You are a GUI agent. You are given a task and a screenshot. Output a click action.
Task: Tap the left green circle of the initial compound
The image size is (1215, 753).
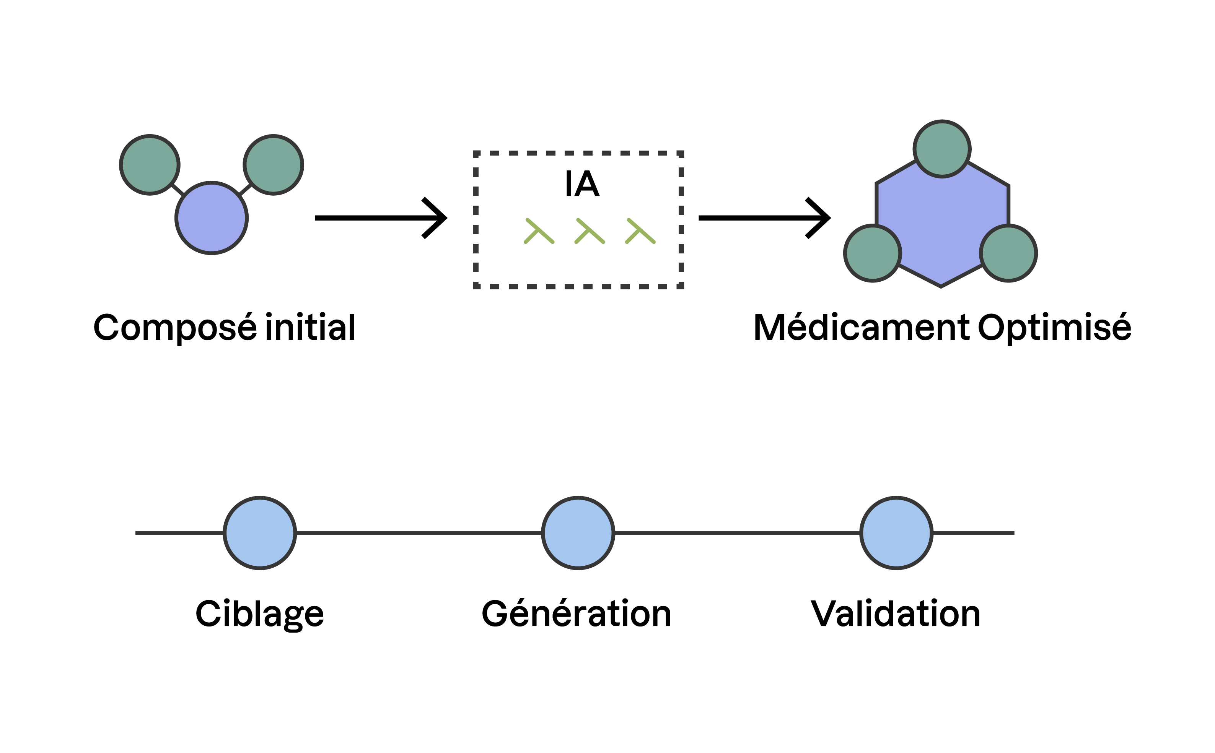click(150, 165)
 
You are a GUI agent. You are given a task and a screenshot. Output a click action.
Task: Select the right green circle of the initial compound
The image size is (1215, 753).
click(273, 165)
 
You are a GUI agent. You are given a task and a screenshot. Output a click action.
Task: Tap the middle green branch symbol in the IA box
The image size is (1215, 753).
click(590, 231)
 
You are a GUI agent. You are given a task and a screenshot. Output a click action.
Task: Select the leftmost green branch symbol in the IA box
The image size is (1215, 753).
click(539, 231)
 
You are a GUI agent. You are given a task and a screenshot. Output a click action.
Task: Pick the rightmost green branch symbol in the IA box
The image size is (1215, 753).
click(640, 231)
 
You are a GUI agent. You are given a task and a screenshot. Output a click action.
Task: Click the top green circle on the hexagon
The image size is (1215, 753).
click(941, 148)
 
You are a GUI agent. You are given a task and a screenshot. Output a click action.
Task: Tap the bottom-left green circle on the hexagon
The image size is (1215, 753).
click(872, 253)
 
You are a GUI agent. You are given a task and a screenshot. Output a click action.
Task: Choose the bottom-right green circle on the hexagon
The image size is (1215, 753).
click(1008, 253)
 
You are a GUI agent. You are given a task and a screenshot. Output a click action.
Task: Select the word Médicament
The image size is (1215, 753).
click(861, 327)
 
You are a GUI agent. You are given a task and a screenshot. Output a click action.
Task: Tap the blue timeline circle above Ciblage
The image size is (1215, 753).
click(260, 533)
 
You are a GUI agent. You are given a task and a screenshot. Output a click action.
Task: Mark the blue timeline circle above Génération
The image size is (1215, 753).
click(578, 533)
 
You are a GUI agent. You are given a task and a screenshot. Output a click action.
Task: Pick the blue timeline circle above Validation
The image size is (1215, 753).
click(896, 533)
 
